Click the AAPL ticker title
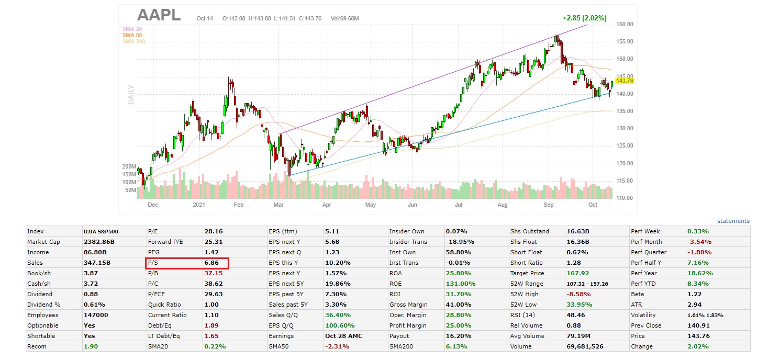(x=159, y=15)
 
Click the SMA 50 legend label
(x=132, y=35)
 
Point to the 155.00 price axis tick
(x=625, y=42)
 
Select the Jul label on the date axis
(x=459, y=205)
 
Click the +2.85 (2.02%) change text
(x=584, y=18)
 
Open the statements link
(x=733, y=221)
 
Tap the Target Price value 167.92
(x=578, y=273)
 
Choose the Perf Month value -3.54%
(x=698, y=242)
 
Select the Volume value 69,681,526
(x=584, y=346)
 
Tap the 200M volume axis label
(x=129, y=166)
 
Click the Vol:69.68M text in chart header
(x=344, y=19)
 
